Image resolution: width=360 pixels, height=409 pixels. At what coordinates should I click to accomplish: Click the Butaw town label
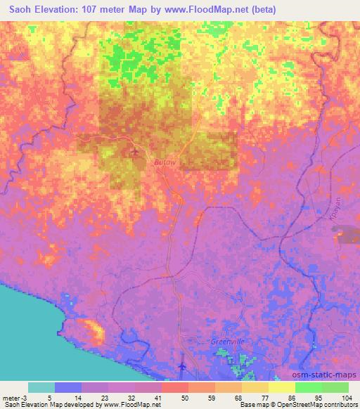[164, 162]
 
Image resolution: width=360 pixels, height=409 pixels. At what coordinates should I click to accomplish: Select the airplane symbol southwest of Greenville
[182, 367]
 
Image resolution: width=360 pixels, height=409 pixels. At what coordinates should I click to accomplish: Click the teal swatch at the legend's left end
[41, 387]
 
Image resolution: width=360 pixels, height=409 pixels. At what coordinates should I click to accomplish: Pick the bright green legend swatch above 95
[308, 387]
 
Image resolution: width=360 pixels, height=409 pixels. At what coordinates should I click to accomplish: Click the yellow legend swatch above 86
[281, 387]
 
